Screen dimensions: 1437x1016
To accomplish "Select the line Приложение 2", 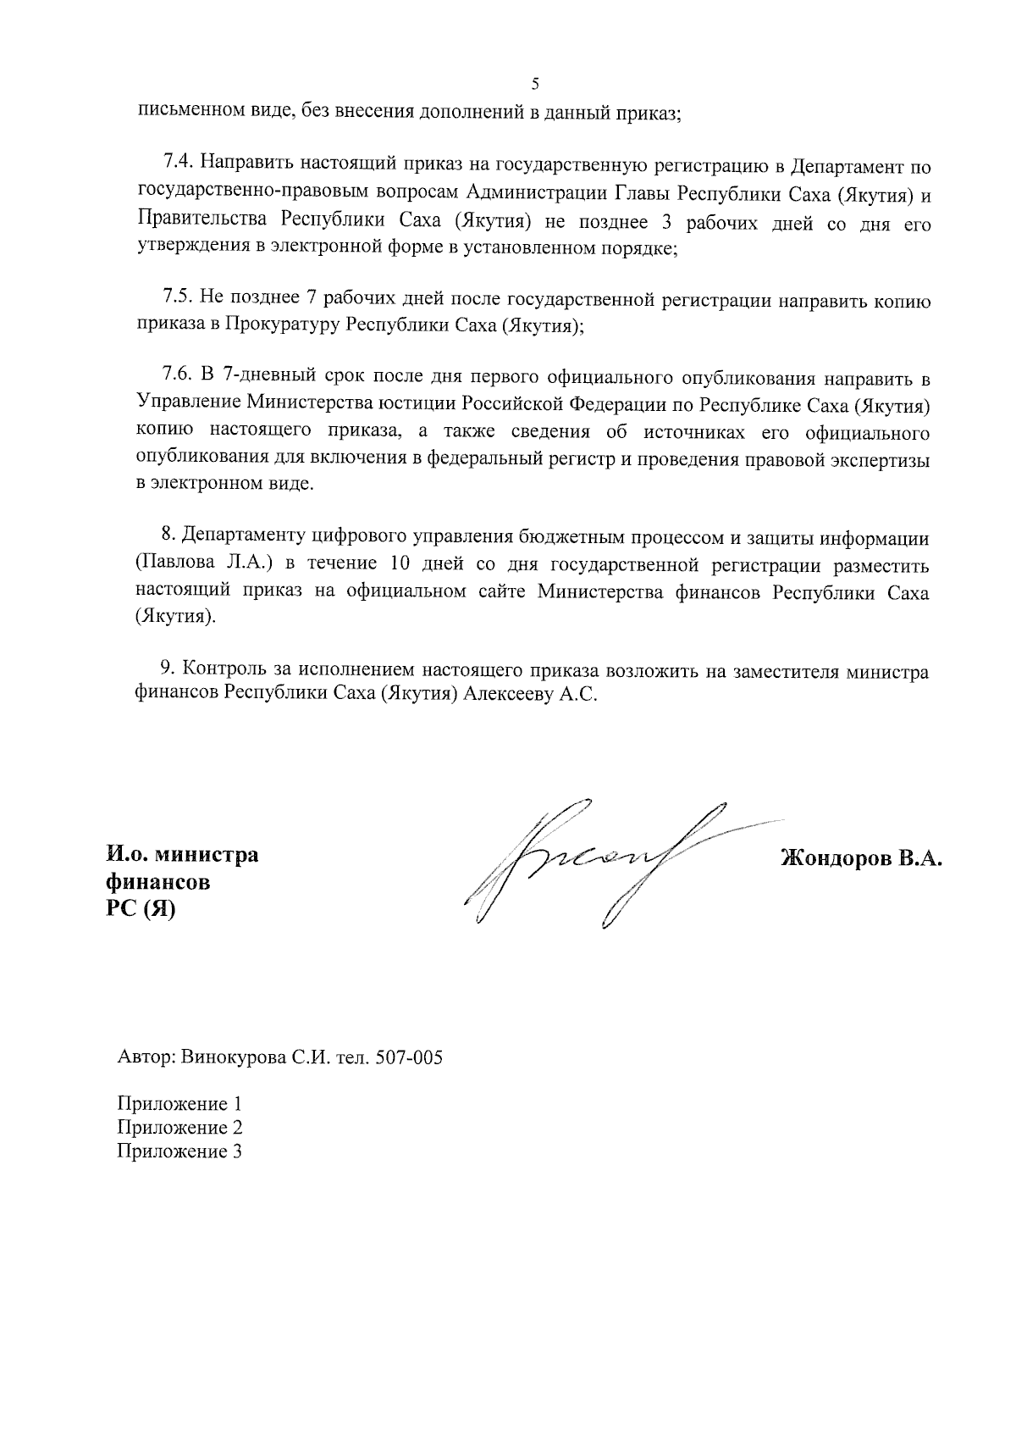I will pyautogui.click(x=179, y=1128).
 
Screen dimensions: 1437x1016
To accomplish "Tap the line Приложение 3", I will pyautogui.click(x=179, y=1151).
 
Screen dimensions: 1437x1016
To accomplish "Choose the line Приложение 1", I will pyautogui.click(x=179, y=1104).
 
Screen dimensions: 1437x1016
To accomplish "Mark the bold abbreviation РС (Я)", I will pyautogui.click(x=140, y=909).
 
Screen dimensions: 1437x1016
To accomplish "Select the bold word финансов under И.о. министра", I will pyautogui.click(x=157, y=882).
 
